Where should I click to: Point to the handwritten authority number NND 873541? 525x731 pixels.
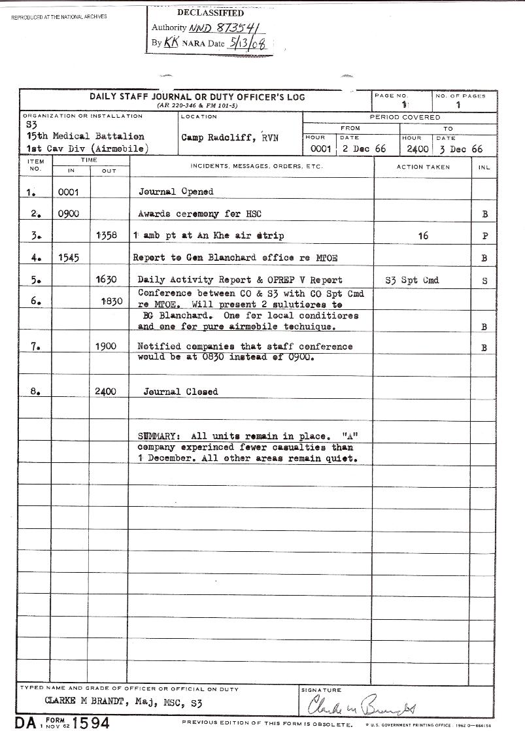tap(223, 28)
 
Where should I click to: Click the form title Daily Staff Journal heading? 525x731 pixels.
tap(197, 97)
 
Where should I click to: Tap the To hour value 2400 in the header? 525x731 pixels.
tap(415, 149)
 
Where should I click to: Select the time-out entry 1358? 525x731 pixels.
tap(107, 235)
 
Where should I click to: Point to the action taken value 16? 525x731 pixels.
tap(423, 235)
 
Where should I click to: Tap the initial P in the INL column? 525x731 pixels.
tap(484, 236)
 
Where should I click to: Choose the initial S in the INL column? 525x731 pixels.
tap(484, 280)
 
